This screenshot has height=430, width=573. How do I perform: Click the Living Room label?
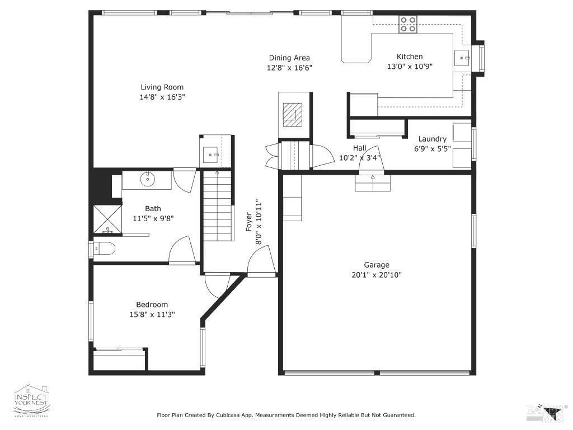point(162,87)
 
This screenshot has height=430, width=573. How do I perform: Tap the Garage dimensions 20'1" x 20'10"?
point(376,275)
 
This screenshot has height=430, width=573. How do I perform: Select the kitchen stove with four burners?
point(407,24)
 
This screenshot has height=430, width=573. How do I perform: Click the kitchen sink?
point(462,56)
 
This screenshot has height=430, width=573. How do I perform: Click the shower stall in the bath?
point(106,219)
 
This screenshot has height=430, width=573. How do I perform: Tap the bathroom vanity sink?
point(148,180)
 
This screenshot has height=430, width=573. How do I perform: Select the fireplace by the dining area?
point(292,114)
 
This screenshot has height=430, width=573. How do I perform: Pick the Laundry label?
point(433,139)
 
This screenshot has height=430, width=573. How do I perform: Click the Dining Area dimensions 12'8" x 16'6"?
point(289,68)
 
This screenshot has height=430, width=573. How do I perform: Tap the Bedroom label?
point(152,305)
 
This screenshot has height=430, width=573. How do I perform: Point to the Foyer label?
point(250,222)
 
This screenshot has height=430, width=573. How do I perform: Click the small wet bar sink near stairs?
point(211,153)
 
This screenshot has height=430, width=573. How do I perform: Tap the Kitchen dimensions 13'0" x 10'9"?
point(410,66)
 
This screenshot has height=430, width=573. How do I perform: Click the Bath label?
point(153,209)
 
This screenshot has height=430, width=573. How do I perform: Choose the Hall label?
point(359,148)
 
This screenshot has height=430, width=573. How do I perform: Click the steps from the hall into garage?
point(372,183)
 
